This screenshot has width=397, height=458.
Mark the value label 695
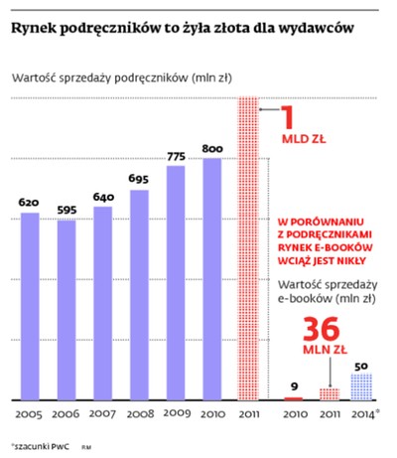coord(139,180)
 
